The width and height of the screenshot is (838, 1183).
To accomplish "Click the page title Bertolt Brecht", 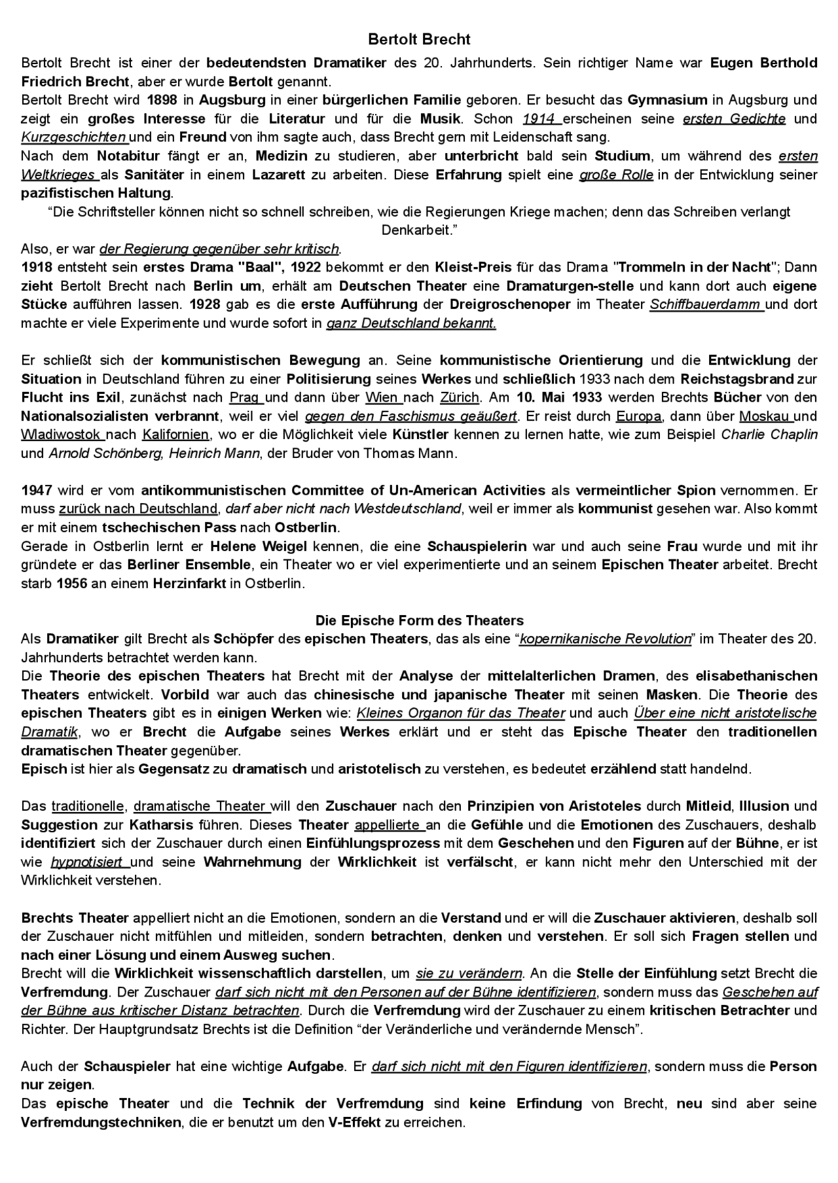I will coord(419,40).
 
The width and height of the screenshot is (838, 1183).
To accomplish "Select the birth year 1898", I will coord(162,100).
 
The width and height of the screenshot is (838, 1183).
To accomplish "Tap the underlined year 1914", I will coord(539,118).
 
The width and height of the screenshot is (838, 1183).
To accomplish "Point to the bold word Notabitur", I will coord(128,156).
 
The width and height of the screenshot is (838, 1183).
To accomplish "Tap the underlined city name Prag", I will coord(244,397).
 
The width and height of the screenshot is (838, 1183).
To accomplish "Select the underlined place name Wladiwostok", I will coord(61,434).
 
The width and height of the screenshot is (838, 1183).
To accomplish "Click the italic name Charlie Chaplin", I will coord(769,434).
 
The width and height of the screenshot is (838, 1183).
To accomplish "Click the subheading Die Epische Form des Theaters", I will coord(419,620).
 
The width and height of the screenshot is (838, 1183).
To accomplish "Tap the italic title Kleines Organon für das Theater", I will coord(460,713).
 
